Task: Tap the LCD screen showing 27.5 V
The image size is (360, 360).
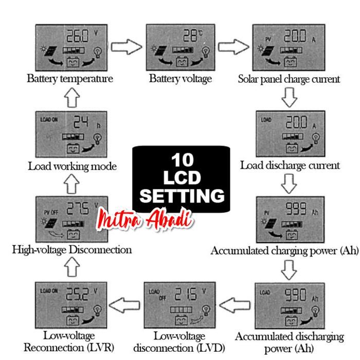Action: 71,219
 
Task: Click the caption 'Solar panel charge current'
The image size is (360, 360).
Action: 289,79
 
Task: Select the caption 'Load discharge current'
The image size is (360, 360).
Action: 290,165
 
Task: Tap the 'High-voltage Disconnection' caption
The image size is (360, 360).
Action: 72,250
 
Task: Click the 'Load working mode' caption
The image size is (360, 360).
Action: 72,166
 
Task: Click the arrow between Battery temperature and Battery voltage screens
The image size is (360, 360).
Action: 127,47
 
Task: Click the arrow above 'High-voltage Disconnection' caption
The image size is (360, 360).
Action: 72,266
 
